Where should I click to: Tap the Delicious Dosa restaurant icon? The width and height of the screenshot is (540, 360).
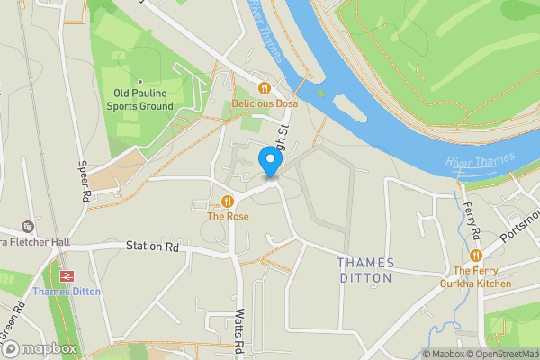coord(264,88)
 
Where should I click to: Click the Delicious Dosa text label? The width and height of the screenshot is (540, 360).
coord(264,104)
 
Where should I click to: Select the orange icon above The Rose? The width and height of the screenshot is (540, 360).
coord(228,201)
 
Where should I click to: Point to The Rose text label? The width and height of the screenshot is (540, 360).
coord(228,217)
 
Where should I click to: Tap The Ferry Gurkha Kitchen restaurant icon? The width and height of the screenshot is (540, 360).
coord(475,256)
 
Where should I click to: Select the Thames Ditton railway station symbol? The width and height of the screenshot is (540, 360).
coord(67,275)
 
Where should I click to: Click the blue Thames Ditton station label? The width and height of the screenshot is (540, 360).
coord(67,292)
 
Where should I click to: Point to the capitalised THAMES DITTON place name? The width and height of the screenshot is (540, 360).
coord(365,270)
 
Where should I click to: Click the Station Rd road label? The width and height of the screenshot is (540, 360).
coord(152,246)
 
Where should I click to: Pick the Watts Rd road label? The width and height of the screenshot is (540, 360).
coord(239,333)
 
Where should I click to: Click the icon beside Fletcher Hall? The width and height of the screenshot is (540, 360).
coord(27,227)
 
